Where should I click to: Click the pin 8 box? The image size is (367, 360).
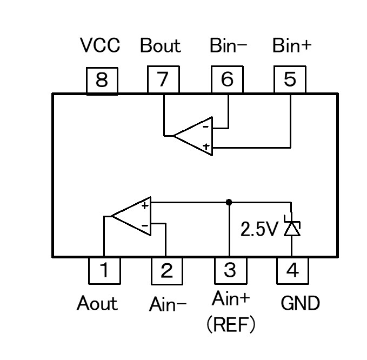102,81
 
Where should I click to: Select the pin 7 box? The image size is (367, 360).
164,81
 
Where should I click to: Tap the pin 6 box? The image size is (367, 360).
227,81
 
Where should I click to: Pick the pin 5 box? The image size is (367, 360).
290,81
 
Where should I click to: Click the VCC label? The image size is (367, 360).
100,46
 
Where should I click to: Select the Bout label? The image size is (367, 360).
160,46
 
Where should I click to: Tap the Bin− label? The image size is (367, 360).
228,46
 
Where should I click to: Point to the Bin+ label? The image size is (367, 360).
292,46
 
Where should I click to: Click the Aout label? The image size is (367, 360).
97,304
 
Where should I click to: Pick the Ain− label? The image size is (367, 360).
168,304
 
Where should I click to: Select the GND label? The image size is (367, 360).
301,304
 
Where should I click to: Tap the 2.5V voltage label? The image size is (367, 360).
259,230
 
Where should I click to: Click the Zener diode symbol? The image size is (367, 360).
292,229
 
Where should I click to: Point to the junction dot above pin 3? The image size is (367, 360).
229,202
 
